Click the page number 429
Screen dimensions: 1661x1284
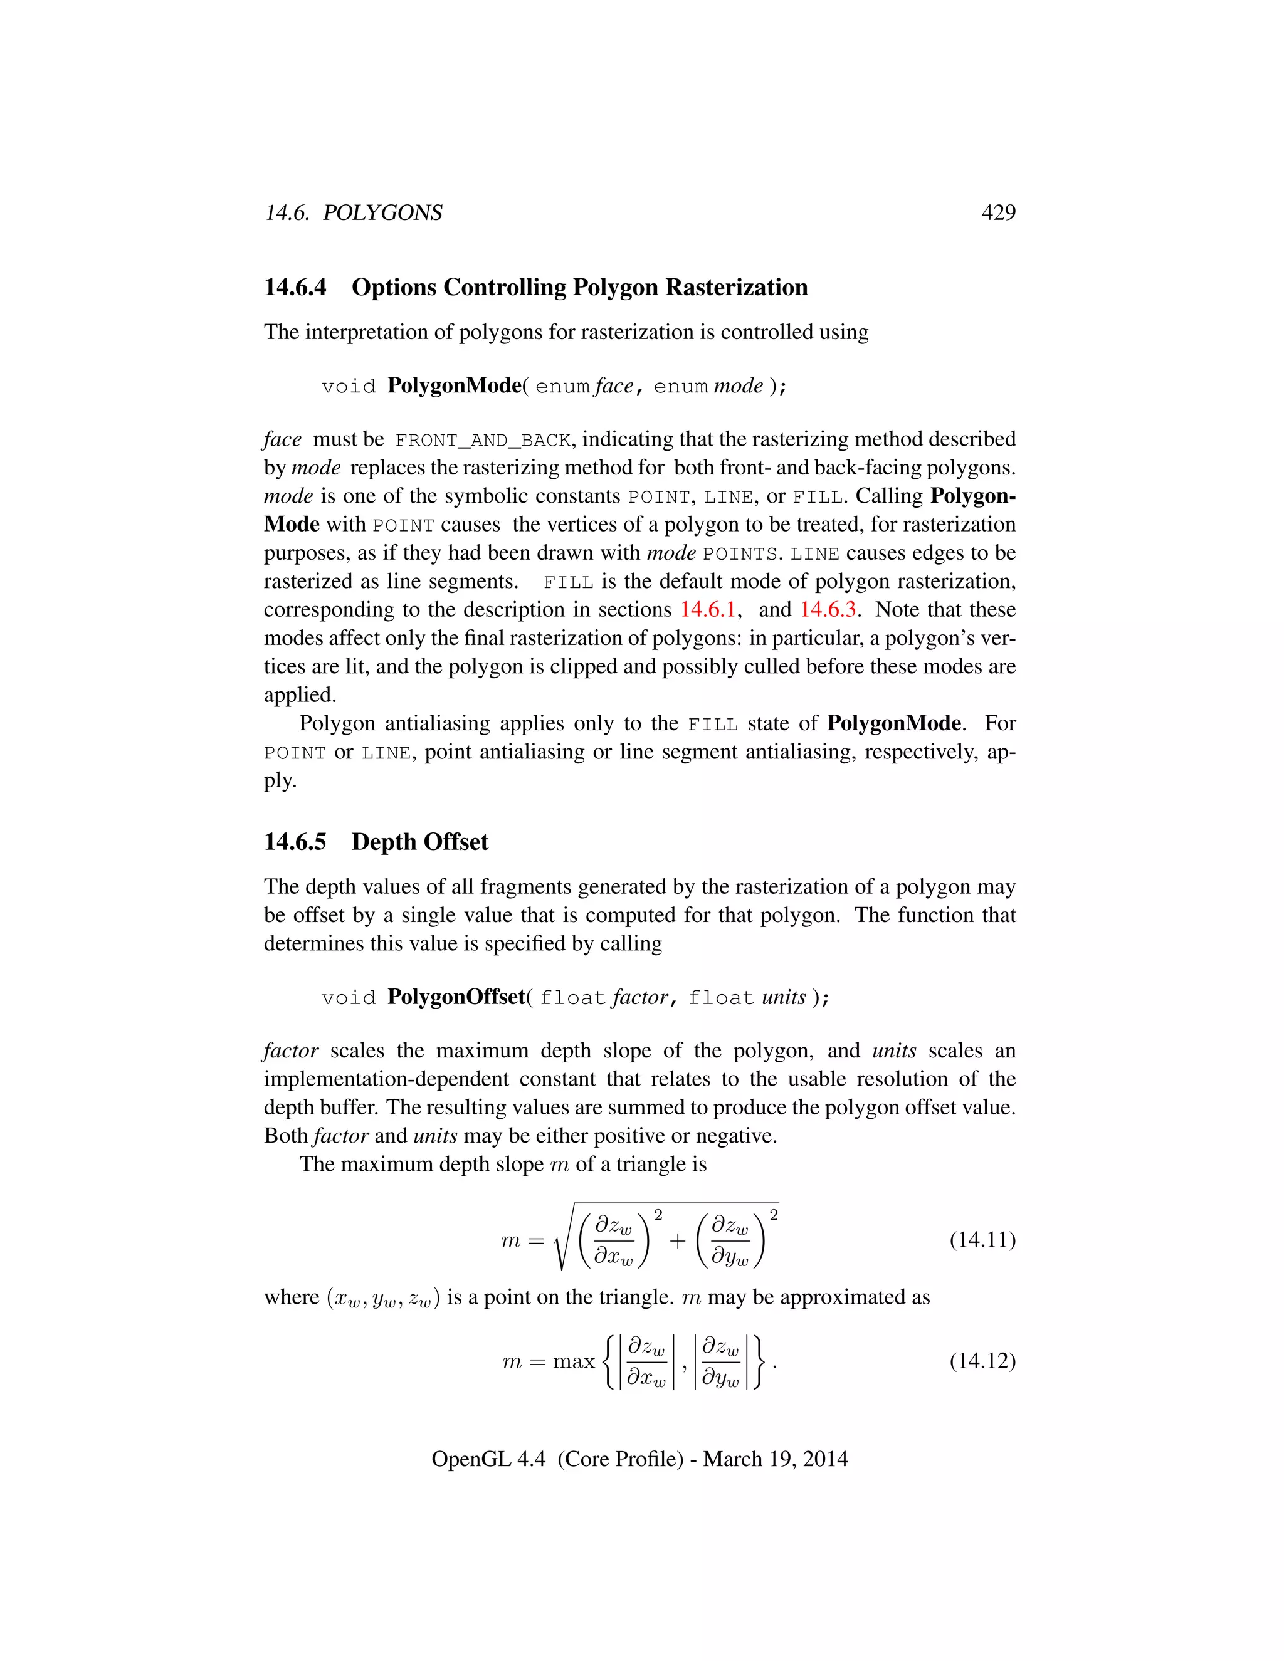(x=998, y=213)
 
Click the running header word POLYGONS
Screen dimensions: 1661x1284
(x=382, y=213)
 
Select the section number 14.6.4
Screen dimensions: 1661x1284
(x=295, y=288)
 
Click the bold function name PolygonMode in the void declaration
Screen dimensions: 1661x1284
(x=454, y=385)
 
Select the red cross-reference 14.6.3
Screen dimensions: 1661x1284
(x=828, y=610)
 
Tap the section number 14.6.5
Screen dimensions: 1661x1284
(x=295, y=842)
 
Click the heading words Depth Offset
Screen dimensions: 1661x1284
(x=419, y=842)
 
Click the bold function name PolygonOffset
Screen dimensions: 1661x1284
(x=456, y=997)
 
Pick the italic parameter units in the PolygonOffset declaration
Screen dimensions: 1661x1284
(x=784, y=998)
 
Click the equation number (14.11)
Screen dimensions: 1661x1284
(x=982, y=1240)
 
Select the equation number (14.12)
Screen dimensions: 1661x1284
(x=982, y=1361)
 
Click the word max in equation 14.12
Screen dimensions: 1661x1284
(x=574, y=1361)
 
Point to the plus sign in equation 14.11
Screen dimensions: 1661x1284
(x=677, y=1241)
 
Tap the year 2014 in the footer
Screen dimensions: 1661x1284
(x=824, y=1459)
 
